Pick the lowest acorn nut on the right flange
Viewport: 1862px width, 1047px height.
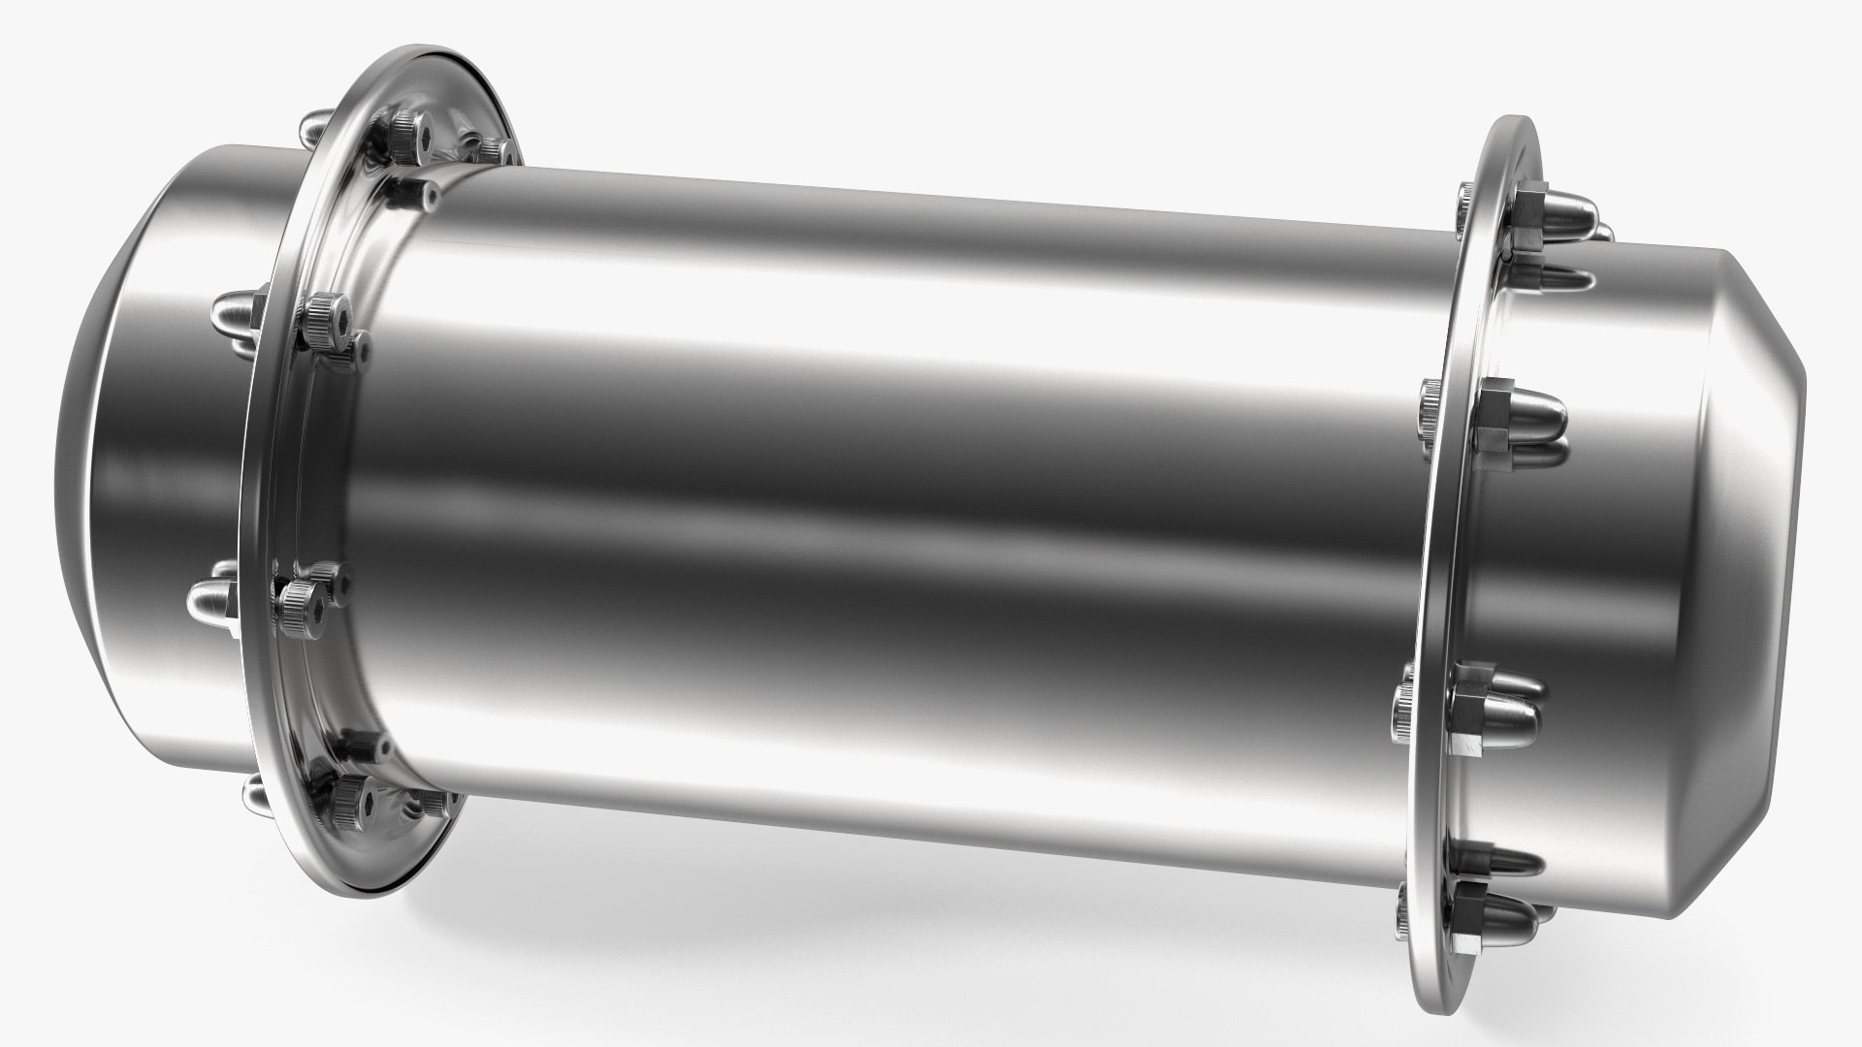coord(1498,902)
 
